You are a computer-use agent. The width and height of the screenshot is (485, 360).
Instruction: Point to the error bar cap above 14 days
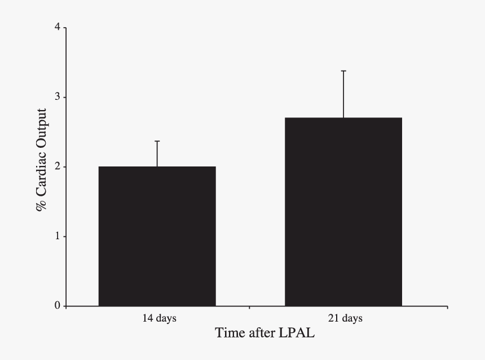(x=157, y=141)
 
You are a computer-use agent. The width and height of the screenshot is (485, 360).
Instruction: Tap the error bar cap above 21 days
(x=343, y=71)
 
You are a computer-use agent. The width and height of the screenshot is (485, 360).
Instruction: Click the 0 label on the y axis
(x=56, y=306)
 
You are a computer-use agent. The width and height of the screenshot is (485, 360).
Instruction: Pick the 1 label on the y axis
(x=56, y=236)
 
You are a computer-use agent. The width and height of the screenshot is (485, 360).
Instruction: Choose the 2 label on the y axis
(x=56, y=167)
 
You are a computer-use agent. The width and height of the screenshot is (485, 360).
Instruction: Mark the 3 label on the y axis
(x=56, y=97)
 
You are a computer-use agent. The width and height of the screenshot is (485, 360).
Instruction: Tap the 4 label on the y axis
(x=56, y=28)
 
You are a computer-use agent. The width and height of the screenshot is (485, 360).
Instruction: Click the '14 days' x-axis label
(x=159, y=318)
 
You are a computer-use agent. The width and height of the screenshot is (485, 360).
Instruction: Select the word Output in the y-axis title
(x=41, y=126)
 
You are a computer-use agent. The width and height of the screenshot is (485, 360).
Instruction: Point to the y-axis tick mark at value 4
(x=64, y=28)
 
